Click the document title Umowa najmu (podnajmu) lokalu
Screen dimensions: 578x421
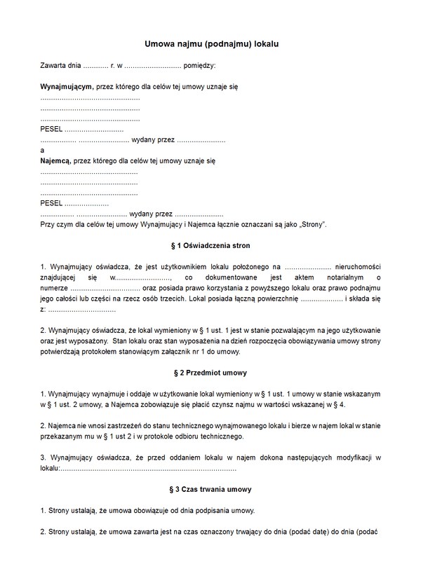211,43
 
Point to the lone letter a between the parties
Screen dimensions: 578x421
43,151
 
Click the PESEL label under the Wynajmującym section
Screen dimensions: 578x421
51,130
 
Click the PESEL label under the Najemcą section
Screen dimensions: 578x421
51,203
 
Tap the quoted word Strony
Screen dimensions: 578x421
312,224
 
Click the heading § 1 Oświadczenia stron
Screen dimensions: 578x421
210,246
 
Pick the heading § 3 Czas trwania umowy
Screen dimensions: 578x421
210,489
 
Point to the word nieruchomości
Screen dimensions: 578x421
359,267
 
